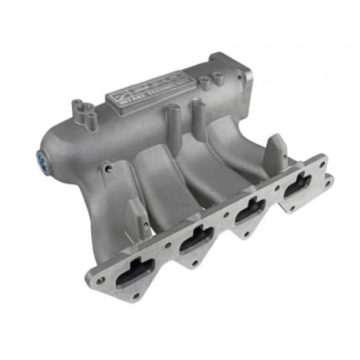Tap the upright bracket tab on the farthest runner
click(x=277, y=150)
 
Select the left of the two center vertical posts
click(x=174, y=121)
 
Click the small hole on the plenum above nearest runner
click(x=108, y=169)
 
